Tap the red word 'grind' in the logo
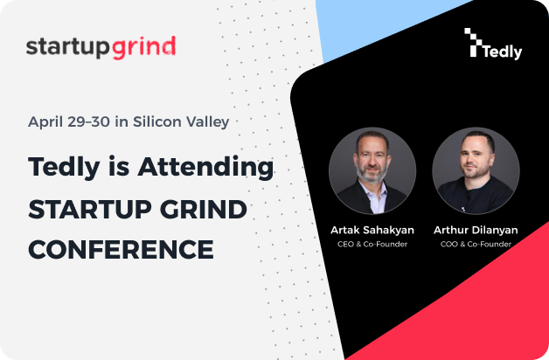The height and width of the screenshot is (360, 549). (x=143, y=47)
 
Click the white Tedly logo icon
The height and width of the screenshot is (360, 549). (x=473, y=42)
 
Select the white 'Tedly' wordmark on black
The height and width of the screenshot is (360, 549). (x=503, y=52)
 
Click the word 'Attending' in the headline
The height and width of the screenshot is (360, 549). (x=206, y=168)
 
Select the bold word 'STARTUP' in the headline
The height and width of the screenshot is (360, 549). (x=90, y=210)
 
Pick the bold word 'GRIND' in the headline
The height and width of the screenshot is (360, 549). (x=204, y=210)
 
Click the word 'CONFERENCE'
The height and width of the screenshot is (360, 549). (x=122, y=249)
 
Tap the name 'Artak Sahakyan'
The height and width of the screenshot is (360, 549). (x=372, y=230)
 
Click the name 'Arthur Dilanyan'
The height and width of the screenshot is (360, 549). (x=476, y=230)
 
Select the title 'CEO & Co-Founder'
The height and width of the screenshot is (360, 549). (x=372, y=244)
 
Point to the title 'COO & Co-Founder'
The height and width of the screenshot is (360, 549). (x=476, y=244)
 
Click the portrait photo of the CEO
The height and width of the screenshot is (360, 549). (x=372, y=170)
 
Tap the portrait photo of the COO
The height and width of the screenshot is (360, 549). (x=476, y=170)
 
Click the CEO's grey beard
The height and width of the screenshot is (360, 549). (x=372, y=174)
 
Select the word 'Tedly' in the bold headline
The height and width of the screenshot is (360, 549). (x=64, y=168)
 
